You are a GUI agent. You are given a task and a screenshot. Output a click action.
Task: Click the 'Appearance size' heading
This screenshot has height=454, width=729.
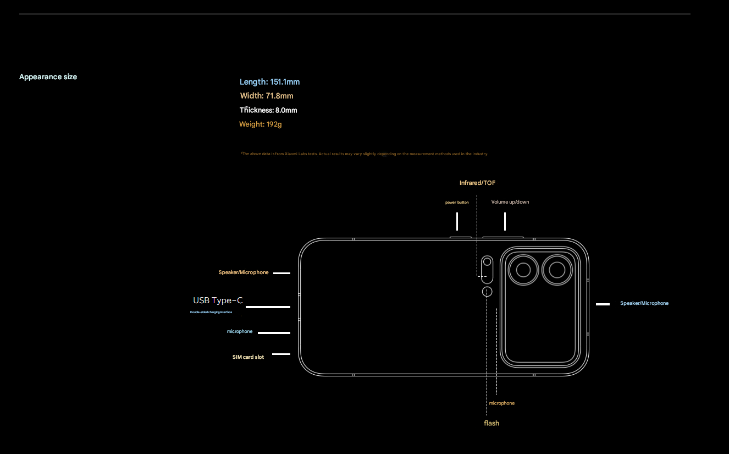48,77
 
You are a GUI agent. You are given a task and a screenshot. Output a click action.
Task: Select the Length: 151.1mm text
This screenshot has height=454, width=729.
269,82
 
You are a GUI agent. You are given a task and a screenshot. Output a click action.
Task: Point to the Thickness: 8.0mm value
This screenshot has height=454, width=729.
268,110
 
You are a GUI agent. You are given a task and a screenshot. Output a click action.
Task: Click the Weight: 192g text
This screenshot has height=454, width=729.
260,124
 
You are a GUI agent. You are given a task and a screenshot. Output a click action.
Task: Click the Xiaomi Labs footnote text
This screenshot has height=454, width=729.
364,154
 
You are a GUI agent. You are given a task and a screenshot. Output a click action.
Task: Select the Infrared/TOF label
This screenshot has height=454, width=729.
477,183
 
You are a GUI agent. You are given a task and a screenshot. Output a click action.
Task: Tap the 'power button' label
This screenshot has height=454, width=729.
457,203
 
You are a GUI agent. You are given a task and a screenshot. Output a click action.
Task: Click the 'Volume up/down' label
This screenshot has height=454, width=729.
510,202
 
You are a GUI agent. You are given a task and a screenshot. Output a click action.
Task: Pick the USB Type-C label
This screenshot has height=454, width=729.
218,300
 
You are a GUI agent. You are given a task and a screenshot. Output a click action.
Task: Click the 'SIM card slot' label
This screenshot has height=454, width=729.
248,357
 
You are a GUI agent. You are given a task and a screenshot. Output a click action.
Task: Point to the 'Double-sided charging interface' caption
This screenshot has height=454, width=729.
211,312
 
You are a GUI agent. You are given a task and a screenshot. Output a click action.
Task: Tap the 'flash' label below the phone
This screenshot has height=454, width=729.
491,423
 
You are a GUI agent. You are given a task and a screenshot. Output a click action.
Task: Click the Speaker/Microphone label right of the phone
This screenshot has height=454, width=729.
644,303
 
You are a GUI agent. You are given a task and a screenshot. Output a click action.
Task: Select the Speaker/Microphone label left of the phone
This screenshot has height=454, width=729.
244,272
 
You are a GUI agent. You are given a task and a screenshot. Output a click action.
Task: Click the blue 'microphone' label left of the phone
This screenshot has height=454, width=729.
240,331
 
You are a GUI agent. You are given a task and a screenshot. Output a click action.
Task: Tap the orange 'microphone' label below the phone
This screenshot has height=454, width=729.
502,403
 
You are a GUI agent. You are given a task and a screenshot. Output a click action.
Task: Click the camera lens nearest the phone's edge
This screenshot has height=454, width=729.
557,270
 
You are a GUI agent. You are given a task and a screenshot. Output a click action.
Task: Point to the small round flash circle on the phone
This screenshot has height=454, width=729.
487,292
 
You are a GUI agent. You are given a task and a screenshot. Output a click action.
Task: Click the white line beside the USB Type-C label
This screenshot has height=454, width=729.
272,307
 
